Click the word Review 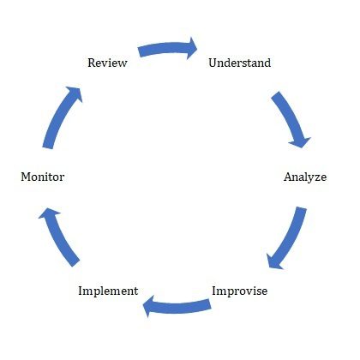point(107,63)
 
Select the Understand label point(240,63)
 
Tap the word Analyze point(305,177)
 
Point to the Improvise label point(240,291)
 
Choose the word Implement point(108,291)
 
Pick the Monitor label point(43,177)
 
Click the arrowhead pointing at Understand point(192,48)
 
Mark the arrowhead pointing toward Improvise point(273,261)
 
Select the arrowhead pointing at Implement point(148,306)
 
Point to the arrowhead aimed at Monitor point(48,213)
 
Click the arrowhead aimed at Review point(75,93)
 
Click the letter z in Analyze point(316,178)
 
